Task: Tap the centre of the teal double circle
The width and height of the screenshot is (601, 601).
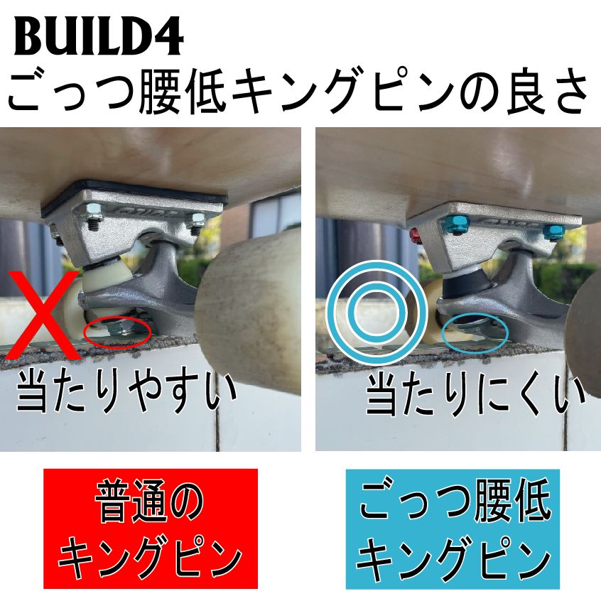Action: pos(374,311)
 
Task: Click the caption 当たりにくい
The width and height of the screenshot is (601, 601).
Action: pos(476,395)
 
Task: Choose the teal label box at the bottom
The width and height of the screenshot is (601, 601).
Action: pos(453,529)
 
